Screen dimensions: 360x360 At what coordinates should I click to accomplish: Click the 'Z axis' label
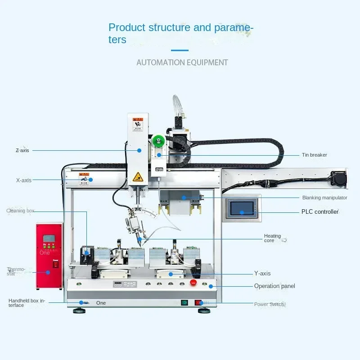pos(22,150)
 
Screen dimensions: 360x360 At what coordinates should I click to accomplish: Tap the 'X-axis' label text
pos(24,180)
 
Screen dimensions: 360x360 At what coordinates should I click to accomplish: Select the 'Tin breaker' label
pos(314,155)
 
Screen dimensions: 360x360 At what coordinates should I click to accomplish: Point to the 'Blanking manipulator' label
pos(324,198)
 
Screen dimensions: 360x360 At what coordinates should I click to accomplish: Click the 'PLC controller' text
pos(319,212)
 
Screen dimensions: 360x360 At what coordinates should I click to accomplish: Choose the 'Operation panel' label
pos(274,286)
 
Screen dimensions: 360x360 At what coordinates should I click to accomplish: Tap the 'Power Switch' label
pos(269,304)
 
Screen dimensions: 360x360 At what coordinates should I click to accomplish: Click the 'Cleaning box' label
pos(20,211)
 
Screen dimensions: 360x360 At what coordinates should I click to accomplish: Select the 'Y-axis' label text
pos(262,274)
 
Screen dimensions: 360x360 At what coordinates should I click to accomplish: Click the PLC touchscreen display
pos(242,208)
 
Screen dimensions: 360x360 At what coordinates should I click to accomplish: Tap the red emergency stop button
pos(194,283)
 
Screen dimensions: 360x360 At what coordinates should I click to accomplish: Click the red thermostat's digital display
pos(49,238)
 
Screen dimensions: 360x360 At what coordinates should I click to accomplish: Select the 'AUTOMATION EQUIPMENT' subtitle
pos(182,63)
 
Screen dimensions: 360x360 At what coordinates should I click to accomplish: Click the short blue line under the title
pos(180,50)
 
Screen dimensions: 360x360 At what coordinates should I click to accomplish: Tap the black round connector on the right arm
pos(338,177)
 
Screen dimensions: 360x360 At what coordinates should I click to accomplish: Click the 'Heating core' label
pos(272,238)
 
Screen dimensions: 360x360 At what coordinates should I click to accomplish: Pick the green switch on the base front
pos(184,302)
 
